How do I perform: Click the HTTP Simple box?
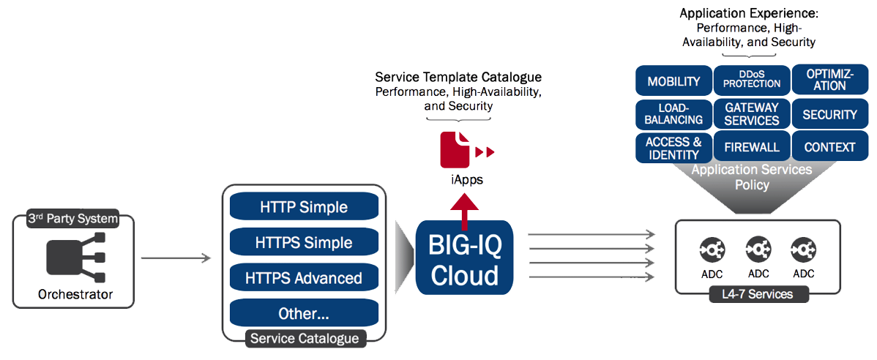(x=305, y=207)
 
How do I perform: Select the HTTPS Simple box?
(x=305, y=242)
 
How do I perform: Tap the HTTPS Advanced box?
(x=305, y=278)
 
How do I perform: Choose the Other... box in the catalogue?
(x=305, y=313)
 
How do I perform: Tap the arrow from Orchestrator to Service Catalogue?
(x=176, y=258)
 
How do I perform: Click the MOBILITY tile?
(x=673, y=81)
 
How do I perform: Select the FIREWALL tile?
(x=752, y=146)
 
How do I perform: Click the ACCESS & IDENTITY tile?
(x=673, y=147)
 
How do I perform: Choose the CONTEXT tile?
(x=829, y=146)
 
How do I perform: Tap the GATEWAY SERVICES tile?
(x=752, y=114)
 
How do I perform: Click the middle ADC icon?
(x=758, y=250)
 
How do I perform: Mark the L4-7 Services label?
(x=752, y=295)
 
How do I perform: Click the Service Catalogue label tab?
(x=305, y=338)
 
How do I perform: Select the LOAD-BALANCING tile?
(x=673, y=114)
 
